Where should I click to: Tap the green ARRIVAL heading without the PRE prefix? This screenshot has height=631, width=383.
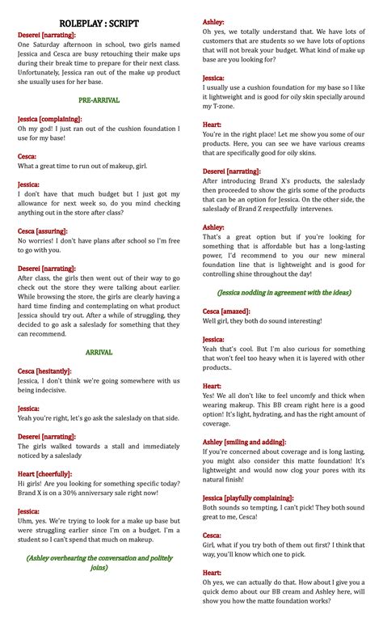[x=99, y=352]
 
